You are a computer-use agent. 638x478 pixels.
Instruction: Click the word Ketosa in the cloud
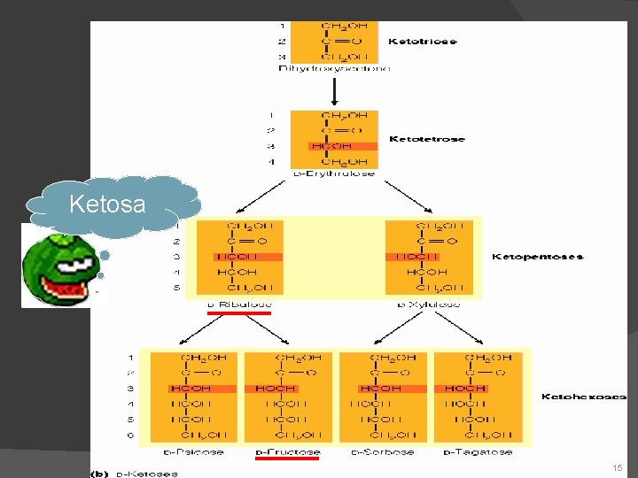[x=106, y=204]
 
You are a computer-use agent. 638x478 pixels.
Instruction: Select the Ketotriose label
[x=423, y=42]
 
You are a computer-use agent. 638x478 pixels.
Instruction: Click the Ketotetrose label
[x=426, y=139]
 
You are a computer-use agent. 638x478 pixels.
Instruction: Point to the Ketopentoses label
[x=538, y=257]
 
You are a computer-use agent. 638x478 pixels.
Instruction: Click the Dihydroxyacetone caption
[x=334, y=68]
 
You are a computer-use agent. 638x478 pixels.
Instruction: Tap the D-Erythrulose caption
[x=334, y=174]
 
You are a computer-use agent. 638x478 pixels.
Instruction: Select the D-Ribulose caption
[x=239, y=305]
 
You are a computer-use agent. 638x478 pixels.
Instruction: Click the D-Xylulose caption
[x=428, y=305]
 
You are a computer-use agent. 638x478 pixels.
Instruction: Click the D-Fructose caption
[x=287, y=452]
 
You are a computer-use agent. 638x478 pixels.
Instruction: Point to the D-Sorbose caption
[x=383, y=452]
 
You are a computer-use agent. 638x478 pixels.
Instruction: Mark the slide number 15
[x=617, y=466]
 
